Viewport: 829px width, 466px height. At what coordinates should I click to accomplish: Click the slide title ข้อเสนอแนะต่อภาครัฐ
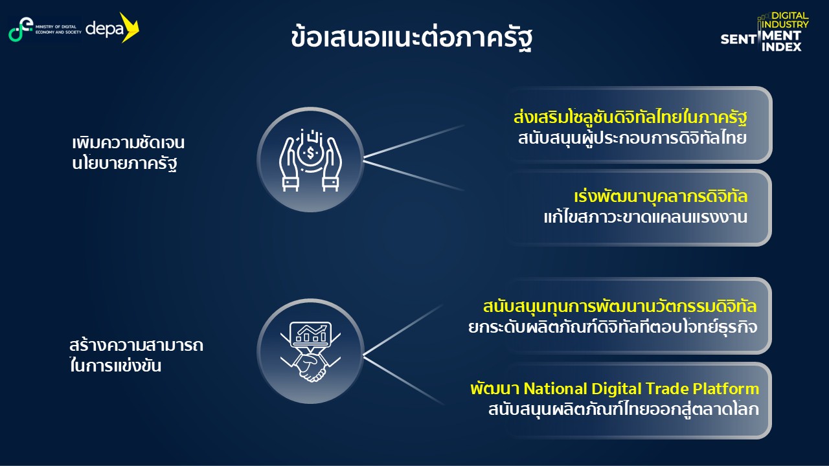411,38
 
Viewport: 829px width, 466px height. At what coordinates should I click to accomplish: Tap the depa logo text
104,29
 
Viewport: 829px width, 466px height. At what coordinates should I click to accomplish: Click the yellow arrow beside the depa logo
129,27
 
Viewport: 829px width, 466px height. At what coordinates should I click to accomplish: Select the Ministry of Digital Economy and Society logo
45,29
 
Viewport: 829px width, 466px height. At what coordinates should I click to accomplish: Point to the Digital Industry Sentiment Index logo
765,32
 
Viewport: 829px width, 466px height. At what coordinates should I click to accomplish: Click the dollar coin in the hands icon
310,152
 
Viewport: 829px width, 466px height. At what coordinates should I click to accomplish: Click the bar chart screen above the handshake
310,334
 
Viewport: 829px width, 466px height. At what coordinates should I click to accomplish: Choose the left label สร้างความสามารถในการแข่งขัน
136,355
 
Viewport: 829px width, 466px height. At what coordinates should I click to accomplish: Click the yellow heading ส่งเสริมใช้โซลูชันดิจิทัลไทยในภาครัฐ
630,118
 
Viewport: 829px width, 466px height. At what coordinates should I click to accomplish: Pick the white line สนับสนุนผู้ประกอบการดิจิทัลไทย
632,139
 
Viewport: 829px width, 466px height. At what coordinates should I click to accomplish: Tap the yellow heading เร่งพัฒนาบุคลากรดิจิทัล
661,196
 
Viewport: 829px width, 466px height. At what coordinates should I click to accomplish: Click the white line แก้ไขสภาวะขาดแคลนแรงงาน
646,217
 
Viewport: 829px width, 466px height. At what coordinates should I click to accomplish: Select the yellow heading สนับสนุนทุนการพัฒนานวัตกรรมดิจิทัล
620,307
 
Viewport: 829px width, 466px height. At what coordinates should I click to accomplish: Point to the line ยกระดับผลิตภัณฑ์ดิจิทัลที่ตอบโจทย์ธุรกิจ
613,327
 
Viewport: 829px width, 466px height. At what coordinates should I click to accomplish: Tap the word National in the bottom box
555,389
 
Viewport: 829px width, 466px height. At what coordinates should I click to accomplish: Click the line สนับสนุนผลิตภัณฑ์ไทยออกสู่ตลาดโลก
624,410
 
